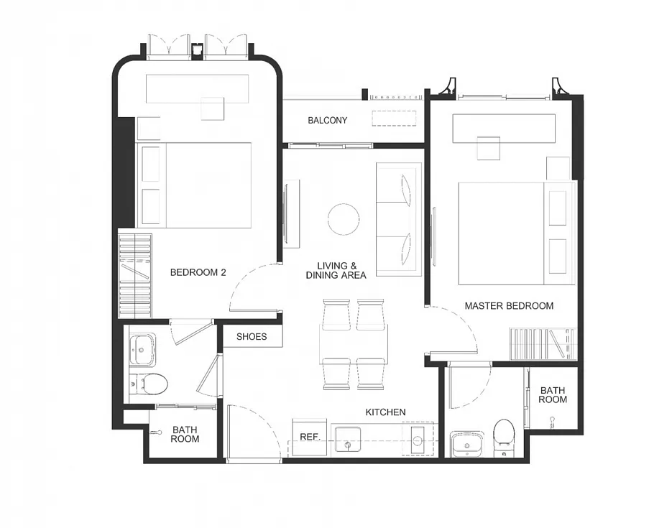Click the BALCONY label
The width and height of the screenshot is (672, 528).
click(328, 121)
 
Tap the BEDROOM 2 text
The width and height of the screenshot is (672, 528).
click(198, 272)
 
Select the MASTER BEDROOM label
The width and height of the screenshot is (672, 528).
click(509, 306)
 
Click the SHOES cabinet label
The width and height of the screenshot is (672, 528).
click(252, 337)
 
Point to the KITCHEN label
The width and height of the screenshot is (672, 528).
click(386, 412)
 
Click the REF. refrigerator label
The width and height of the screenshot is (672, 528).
click(310, 437)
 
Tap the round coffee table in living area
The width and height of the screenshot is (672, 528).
click(344, 219)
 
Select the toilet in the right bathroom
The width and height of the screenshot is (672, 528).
click(504, 437)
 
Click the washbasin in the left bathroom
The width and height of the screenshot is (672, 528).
click(142, 350)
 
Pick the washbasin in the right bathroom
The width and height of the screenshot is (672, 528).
click(466, 445)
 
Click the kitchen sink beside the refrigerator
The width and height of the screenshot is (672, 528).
click(348, 439)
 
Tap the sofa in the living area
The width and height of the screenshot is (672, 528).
click(399, 219)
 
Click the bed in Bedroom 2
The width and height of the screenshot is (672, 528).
click(194, 185)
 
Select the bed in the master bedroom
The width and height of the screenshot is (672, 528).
click(517, 233)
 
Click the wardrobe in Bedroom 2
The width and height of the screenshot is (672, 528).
click(135, 276)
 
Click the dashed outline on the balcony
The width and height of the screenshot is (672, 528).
click(394, 119)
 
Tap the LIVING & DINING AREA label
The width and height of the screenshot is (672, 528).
click(336, 271)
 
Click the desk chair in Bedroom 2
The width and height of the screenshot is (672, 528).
click(213, 108)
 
